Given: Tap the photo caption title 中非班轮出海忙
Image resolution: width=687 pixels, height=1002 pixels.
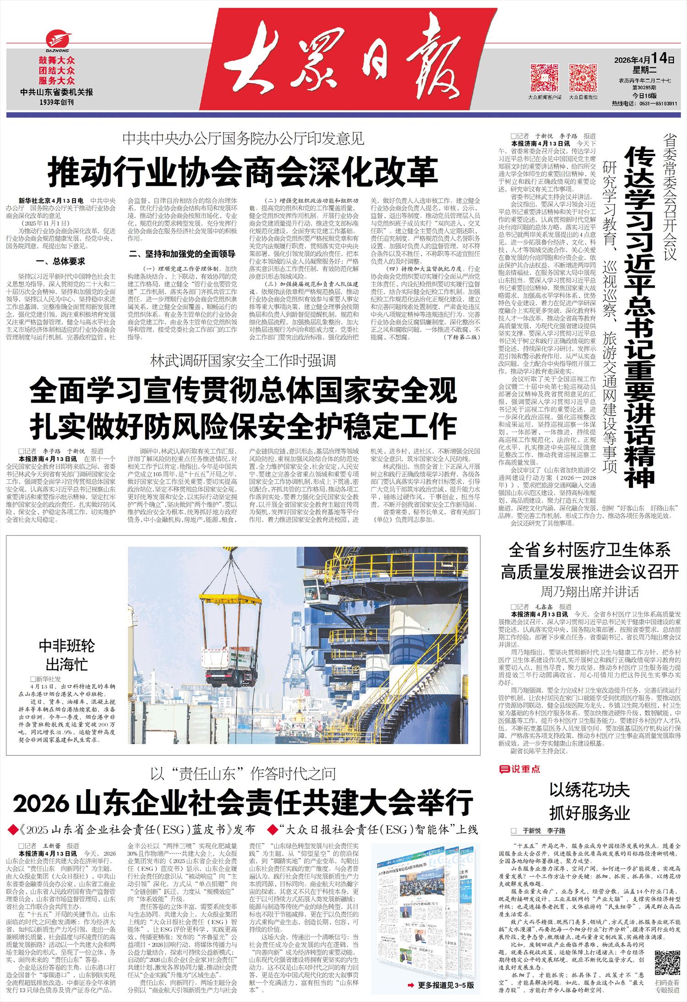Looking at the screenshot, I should point(66,655).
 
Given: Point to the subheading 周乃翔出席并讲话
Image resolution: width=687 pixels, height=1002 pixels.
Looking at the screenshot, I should point(589,591).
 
